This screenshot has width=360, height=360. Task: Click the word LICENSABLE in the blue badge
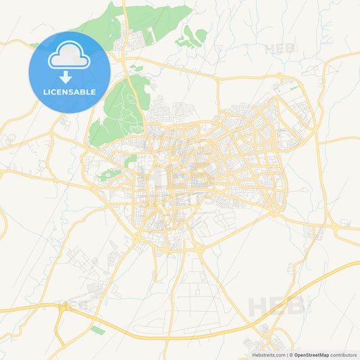tap(70, 92)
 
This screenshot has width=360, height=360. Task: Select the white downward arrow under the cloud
tap(70, 76)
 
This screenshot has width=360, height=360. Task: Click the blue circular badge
tap(70, 72)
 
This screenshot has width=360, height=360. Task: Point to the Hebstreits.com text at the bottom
tap(269, 354)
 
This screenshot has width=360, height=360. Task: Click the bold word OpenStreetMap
tap(311, 354)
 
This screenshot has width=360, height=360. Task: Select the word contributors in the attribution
tap(343, 354)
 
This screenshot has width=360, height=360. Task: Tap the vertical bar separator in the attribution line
tap(289, 354)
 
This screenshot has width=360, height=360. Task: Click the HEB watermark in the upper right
tap(280, 49)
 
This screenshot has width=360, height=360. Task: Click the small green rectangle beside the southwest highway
tap(99, 330)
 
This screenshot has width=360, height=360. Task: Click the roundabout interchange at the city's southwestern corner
tap(138, 236)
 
